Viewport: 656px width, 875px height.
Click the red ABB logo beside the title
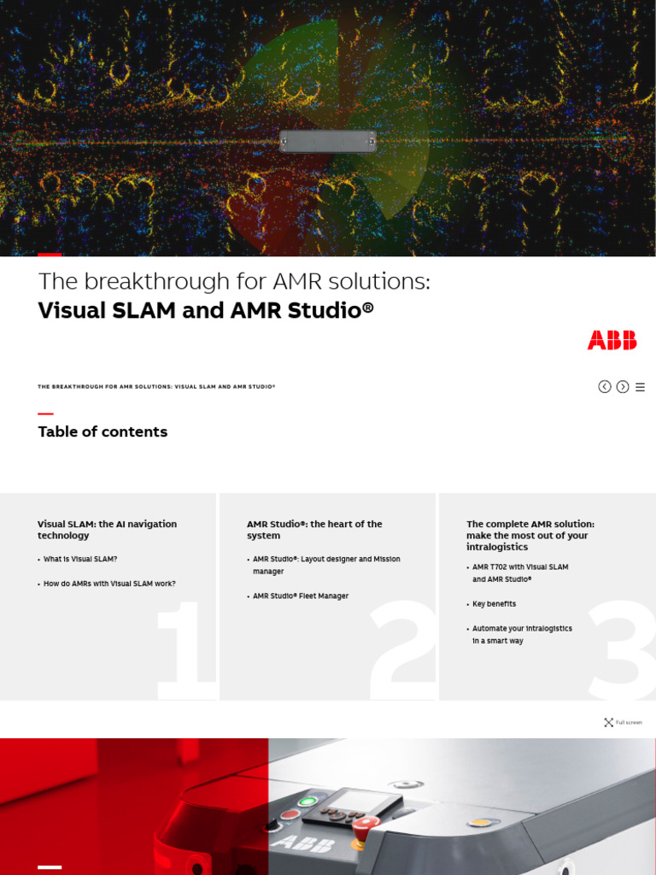pos(612,340)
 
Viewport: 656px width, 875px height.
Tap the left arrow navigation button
pos(605,387)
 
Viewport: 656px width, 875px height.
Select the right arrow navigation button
pos(623,387)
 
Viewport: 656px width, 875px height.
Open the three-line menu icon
pos(640,387)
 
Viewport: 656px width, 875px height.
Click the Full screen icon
pos(609,722)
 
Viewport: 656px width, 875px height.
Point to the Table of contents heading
pos(102,432)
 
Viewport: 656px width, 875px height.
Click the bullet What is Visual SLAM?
pos(80,559)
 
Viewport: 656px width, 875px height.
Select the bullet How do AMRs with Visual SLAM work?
pos(109,584)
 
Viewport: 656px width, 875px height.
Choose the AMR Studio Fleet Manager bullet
pos(301,596)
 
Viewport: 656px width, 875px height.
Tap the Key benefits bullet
pos(495,603)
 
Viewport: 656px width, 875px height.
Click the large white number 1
pos(184,649)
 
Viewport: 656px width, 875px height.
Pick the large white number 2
pos(403,649)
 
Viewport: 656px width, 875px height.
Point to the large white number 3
pos(621,649)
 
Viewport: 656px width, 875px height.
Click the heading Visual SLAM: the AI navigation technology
pos(107,530)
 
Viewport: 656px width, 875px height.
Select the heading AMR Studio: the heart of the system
pos(314,530)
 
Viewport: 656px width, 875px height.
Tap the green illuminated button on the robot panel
pos(307,802)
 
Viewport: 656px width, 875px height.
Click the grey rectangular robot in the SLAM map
pos(328,141)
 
